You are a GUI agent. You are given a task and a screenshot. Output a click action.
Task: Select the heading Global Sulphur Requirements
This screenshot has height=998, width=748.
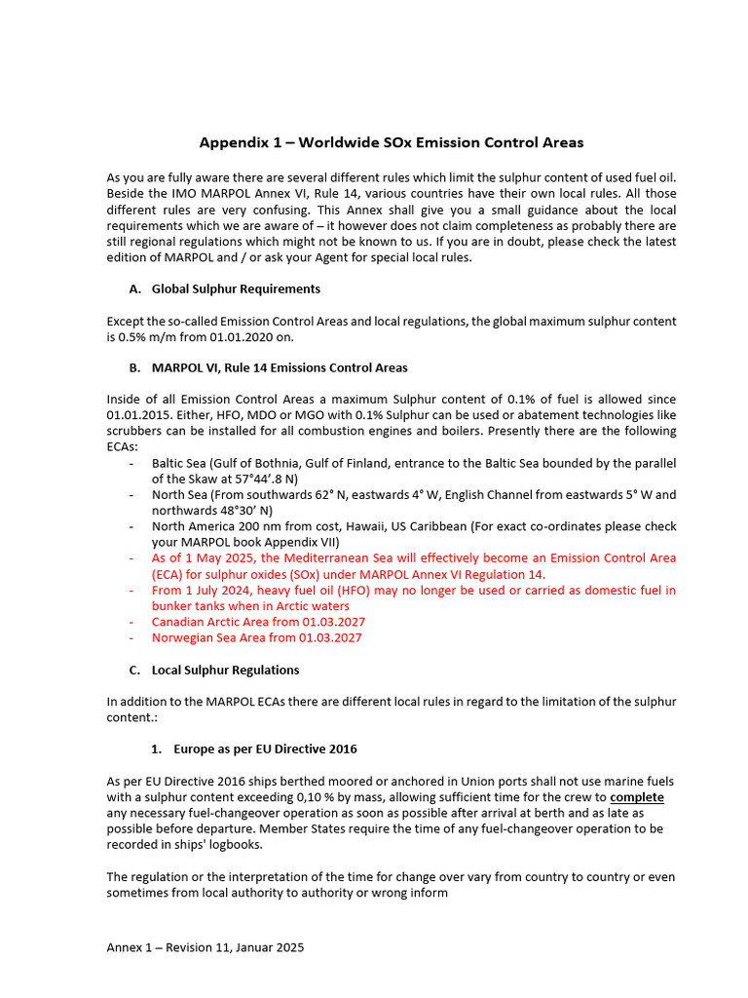236,289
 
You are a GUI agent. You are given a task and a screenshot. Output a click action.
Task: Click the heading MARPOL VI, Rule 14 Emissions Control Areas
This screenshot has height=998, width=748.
280,368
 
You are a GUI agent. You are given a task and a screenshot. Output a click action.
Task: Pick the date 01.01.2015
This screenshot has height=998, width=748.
137,415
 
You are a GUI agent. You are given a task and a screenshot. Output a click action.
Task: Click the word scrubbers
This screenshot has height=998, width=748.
136,431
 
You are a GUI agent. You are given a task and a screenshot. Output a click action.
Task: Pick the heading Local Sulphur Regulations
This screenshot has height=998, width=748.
225,670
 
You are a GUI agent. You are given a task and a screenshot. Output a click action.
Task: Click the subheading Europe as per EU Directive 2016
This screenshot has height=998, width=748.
265,749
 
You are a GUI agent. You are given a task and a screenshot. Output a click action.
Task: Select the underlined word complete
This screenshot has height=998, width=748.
637,797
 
